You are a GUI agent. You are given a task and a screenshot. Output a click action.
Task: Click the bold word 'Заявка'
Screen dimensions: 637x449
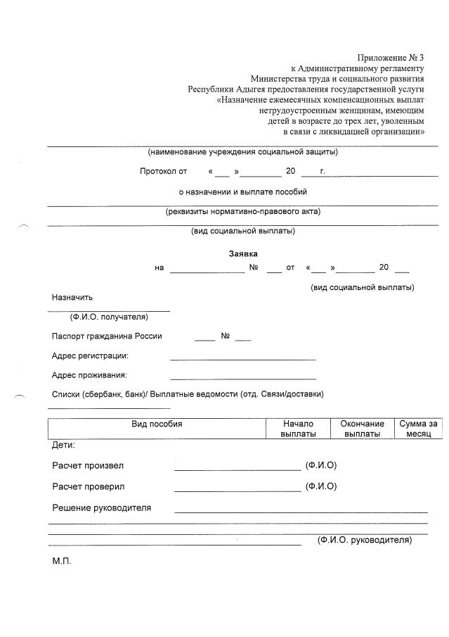pyautogui.click(x=243, y=253)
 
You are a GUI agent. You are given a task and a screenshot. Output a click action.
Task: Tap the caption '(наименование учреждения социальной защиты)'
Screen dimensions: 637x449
pyautogui.click(x=242, y=152)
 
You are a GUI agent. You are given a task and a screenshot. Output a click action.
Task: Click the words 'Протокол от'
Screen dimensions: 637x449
pyautogui.click(x=163, y=171)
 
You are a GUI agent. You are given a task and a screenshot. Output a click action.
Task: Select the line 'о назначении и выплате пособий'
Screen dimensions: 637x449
pyautogui.click(x=242, y=191)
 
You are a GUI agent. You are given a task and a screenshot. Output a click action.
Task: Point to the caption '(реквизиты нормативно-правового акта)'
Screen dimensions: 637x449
pyautogui.click(x=242, y=211)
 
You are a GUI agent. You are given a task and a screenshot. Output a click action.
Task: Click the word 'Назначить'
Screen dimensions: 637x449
pyautogui.click(x=72, y=298)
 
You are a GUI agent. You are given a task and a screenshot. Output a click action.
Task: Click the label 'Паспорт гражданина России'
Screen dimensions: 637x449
pyautogui.click(x=107, y=336)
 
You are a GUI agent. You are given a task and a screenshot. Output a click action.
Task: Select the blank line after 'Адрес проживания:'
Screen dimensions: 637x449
pyautogui.click(x=242, y=378)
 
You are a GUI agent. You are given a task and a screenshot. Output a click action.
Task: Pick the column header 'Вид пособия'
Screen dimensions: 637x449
pyautogui.click(x=157, y=424)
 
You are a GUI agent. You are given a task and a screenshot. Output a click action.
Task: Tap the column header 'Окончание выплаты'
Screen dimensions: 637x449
pyautogui.click(x=362, y=429)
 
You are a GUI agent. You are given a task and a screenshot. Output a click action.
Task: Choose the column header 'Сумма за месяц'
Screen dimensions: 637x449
pyautogui.click(x=418, y=429)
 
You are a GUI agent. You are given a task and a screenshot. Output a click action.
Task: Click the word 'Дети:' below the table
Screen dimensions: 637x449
pyautogui.click(x=63, y=445)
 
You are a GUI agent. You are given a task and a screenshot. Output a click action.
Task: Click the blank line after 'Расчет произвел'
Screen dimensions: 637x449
pyautogui.click(x=237, y=468)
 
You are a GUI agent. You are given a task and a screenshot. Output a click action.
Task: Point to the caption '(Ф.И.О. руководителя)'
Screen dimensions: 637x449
pyautogui.click(x=364, y=540)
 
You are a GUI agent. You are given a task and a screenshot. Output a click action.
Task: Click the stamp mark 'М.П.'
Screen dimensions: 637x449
pyautogui.click(x=62, y=562)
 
